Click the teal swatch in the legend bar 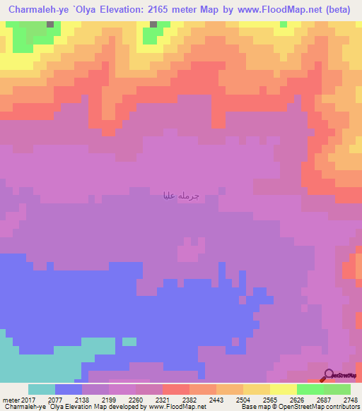point(42,389)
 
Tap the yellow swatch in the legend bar point(284,389)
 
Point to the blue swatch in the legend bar point(69,389)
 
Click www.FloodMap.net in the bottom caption point(176,406)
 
